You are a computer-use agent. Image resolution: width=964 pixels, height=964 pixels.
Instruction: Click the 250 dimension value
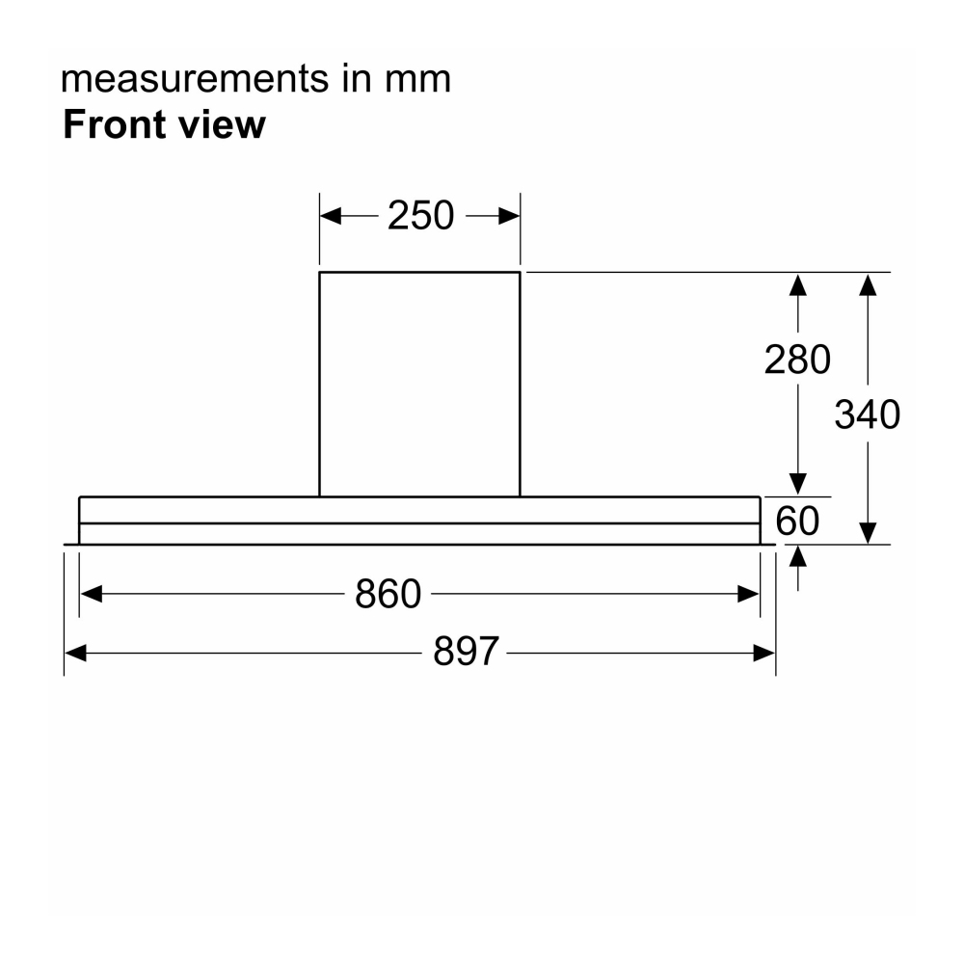(420, 216)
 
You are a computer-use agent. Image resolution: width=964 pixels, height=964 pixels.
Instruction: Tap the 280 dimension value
(797, 360)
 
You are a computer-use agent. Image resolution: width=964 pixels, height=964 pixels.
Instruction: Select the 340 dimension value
(867, 415)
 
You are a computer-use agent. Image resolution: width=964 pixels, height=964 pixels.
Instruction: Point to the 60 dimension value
(797, 522)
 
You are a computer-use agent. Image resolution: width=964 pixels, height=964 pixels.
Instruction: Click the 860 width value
(388, 595)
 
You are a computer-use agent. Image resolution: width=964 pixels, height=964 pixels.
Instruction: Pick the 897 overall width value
(466, 653)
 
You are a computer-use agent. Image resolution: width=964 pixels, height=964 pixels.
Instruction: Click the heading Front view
(163, 125)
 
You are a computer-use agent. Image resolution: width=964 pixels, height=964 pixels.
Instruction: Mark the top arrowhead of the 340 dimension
(868, 284)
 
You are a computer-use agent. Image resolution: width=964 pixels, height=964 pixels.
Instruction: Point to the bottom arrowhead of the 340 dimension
(868, 533)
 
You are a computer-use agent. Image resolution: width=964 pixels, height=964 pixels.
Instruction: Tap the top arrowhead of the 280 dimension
(797, 284)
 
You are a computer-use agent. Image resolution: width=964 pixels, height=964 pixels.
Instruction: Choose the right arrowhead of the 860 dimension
(748, 595)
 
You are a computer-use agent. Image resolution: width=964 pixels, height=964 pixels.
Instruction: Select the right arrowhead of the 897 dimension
(764, 654)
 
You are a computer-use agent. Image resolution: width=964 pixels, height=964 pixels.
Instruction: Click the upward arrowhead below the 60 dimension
(797, 556)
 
